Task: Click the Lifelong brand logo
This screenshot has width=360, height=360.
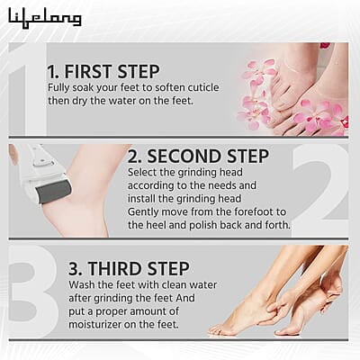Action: (45, 17)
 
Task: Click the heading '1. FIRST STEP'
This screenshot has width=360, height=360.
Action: (103, 71)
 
